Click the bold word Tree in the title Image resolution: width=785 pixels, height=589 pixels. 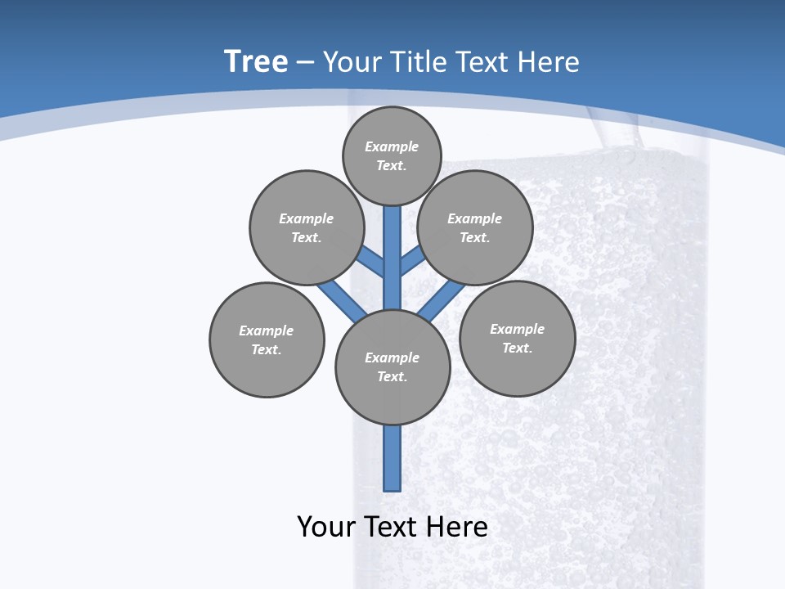coord(256,62)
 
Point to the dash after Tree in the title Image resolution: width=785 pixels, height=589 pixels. coord(305,63)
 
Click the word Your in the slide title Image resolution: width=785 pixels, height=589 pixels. coord(353,62)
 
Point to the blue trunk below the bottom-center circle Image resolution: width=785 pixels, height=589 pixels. coord(392,458)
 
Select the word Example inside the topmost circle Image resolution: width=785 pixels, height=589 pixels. coord(392,146)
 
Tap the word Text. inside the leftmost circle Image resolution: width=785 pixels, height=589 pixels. coord(267,349)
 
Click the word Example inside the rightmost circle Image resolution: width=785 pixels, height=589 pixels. coord(517,329)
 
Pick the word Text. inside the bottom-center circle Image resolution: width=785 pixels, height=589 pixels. coord(392,376)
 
